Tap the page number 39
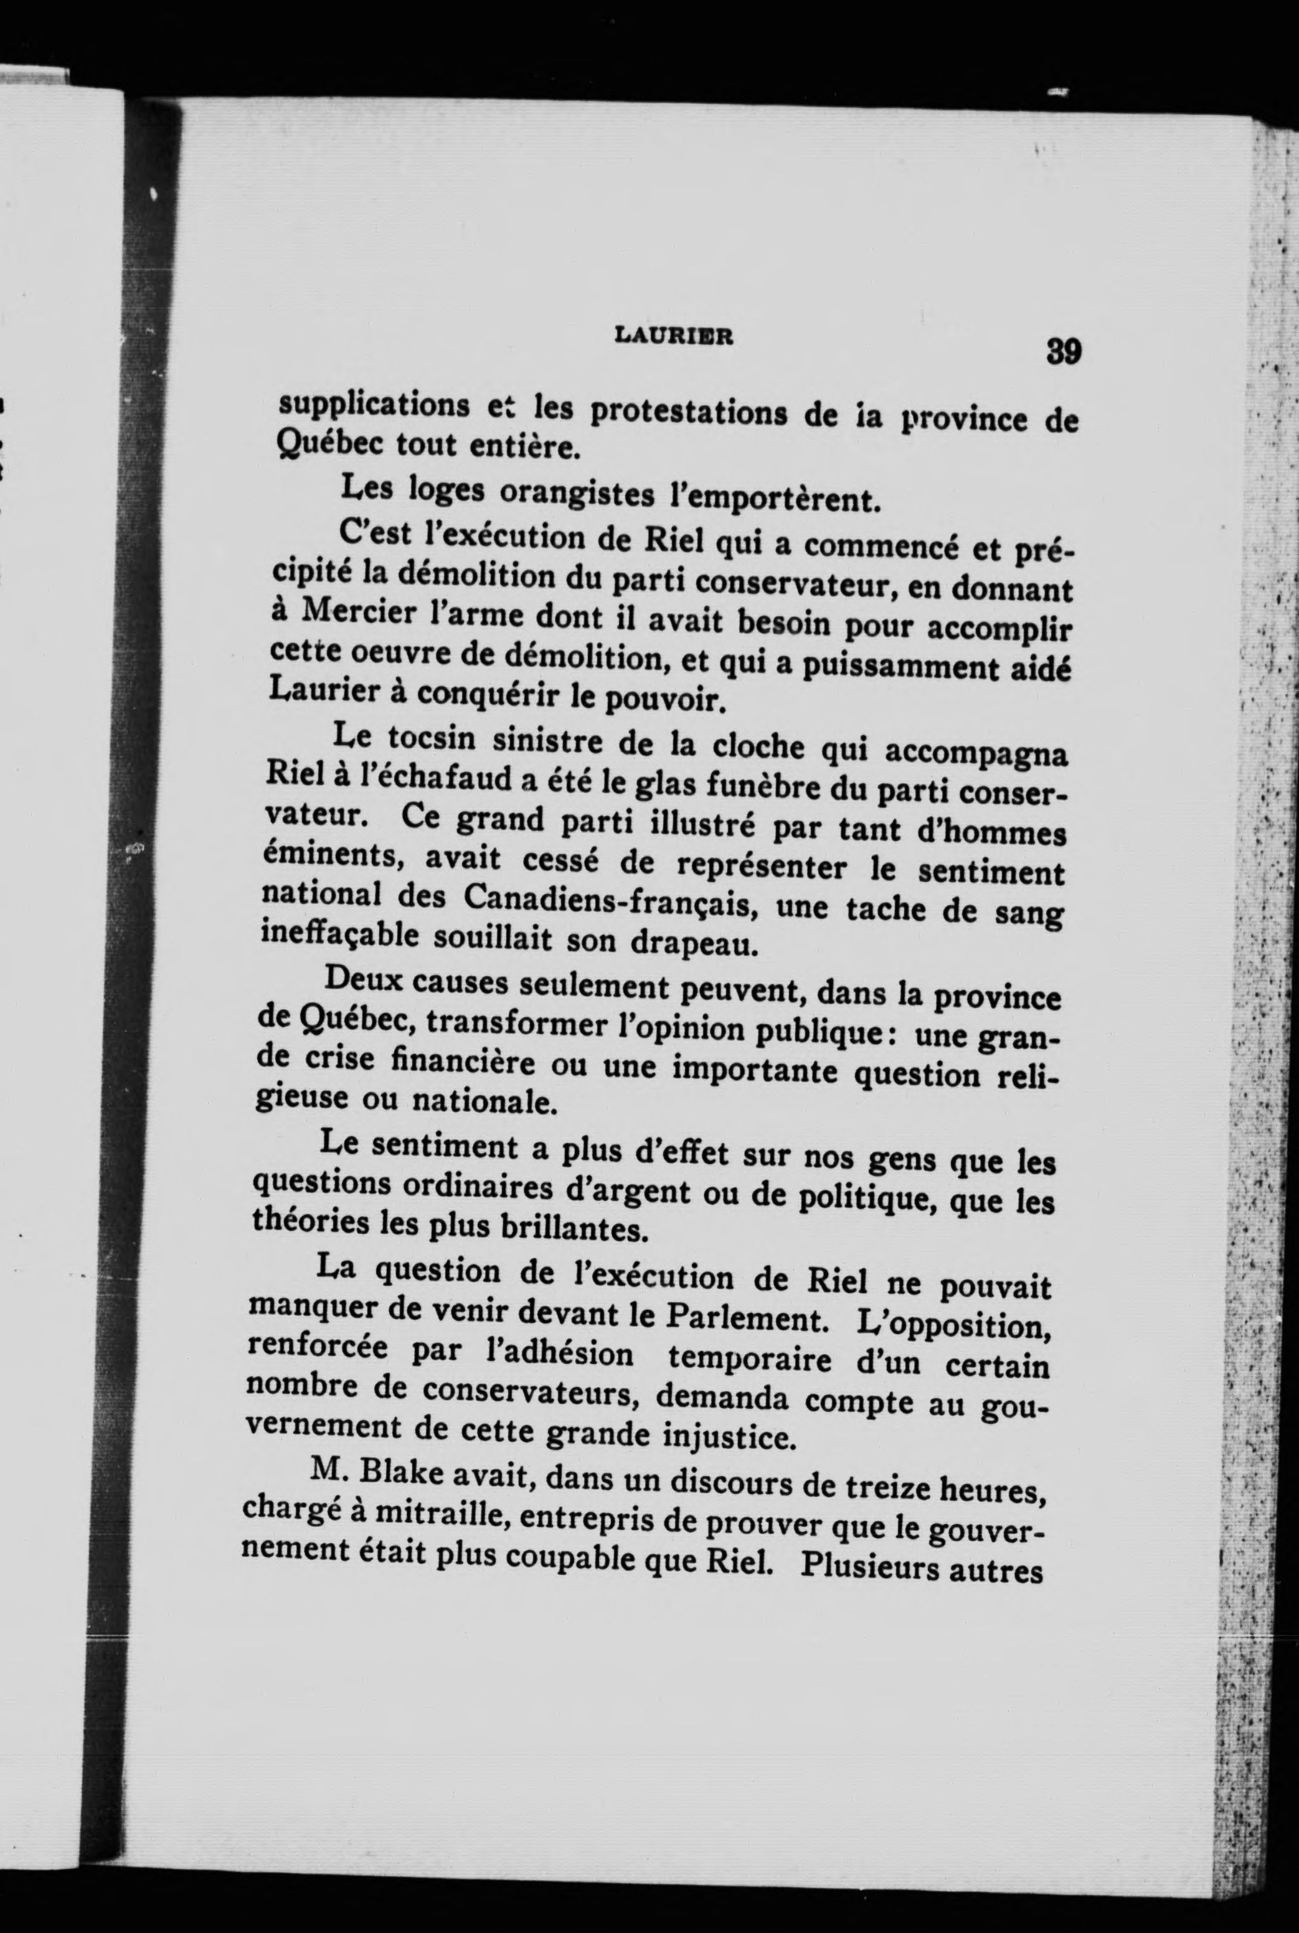click(1062, 351)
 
